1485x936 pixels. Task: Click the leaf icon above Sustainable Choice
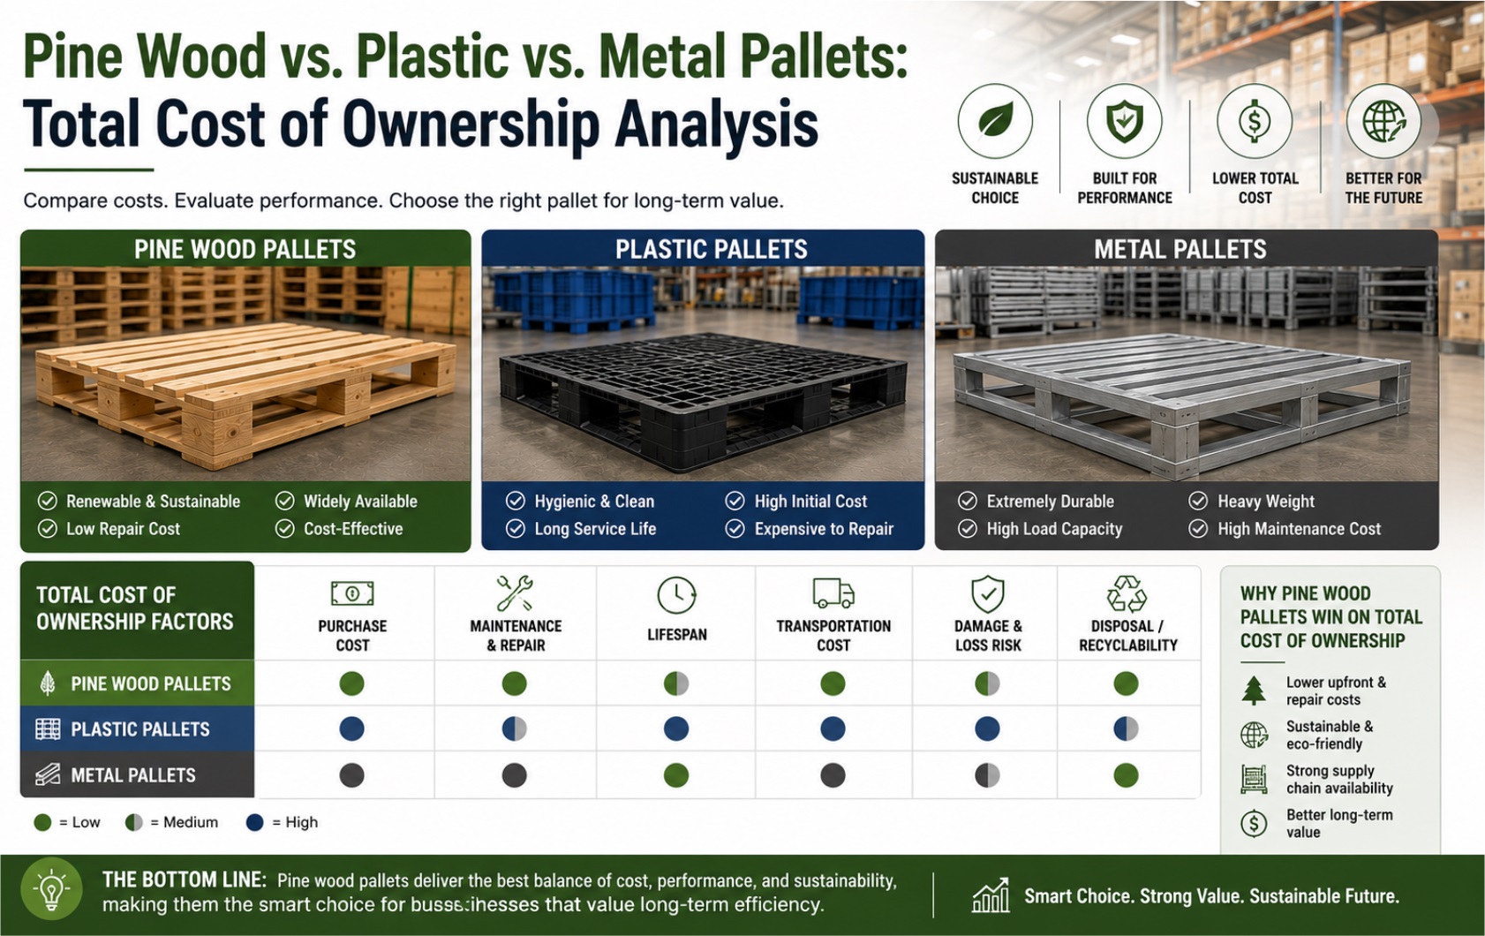pyautogui.click(x=995, y=121)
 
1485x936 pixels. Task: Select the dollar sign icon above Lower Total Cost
pyautogui.click(x=1255, y=121)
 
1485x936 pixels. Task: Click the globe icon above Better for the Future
pyautogui.click(x=1383, y=121)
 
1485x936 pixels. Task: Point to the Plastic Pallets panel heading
pyautogui.click(x=711, y=249)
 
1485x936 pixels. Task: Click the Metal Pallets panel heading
pyautogui.click(x=1180, y=249)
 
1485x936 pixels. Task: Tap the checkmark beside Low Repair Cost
pyautogui.click(x=47, y=528)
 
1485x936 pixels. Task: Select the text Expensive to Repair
pyautogui.click(x=824, y=529)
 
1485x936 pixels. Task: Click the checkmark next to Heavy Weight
pyautogui.click(x=1197, y=501)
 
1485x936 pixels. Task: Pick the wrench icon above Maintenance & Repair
pyautogui.click(x=515, y=593)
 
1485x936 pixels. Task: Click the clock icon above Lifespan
pyautogui.click(x=676, y=594)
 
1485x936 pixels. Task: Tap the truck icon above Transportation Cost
pyautogui.click(x=833, y=593)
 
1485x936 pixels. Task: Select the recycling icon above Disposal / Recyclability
pyautogui.click(x=1127, y=593)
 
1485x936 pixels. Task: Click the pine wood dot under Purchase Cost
pyautogui.click(x=351, y=683)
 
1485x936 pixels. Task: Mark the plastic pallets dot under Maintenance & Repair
pyautogui.click(x=515, y=728)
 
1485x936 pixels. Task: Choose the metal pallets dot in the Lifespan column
pyautogui.click(x=676, y=775)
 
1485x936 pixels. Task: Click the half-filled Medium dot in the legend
pyautogui.click(x=134, y=823)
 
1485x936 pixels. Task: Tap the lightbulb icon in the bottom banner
pyautogui.click(x=52, y=890)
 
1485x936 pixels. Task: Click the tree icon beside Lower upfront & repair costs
pyautogui.click(x=1253, y=690)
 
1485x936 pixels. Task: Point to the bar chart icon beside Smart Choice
pyautogui.click(x=991, y=895)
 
